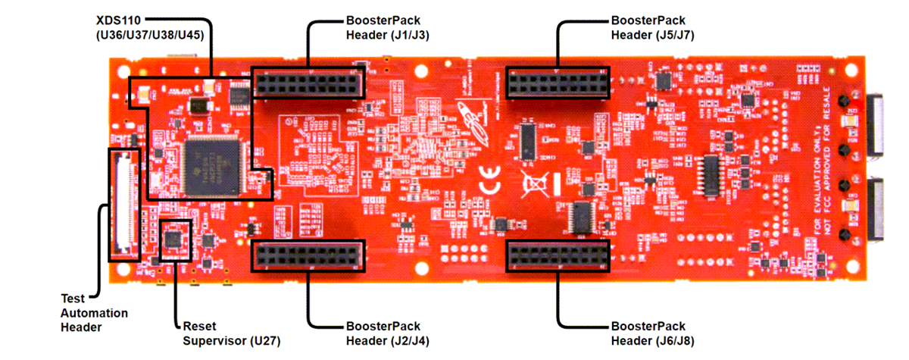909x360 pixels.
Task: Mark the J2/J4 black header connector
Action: (308, 255)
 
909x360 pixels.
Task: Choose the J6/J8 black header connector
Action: (558, 255)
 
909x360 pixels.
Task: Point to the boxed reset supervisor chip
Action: (175, 239)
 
